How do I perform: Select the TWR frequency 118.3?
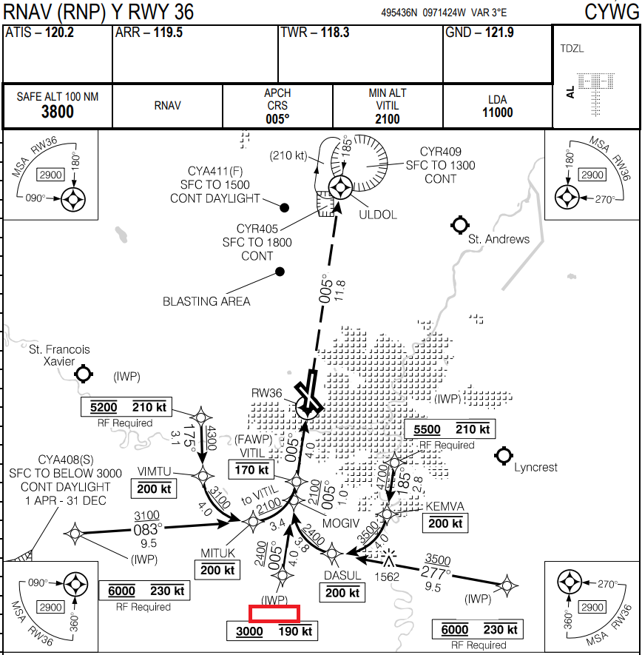(334, 33)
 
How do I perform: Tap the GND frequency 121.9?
(499, 33)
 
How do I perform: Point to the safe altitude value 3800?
(57, 112)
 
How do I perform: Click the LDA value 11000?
(497, 112)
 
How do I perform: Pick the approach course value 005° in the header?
(277, 118)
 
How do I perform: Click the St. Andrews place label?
(499, 239)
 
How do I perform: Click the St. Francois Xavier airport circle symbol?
(84, 374)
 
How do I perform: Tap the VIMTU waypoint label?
(154, 471)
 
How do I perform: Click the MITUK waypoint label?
(217, 553)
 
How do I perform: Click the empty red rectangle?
(274, 614)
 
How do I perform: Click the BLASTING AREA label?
(206, 301)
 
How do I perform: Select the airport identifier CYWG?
(610, 12)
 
